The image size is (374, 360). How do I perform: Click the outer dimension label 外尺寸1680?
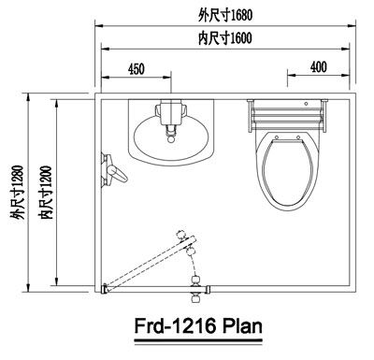point(225,15)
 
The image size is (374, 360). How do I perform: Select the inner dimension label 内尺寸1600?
point(225,38)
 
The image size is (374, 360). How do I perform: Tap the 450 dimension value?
point(137,69)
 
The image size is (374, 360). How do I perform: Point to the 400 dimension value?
point(319,67)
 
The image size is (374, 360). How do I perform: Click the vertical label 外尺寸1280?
point(17,193)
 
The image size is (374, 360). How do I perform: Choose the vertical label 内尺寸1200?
point(45,193)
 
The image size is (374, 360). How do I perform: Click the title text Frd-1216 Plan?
point(198,326)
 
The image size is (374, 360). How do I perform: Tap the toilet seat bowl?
point(287,171)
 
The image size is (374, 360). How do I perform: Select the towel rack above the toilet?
point(287,115)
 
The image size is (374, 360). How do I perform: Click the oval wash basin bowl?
point(171,137)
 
